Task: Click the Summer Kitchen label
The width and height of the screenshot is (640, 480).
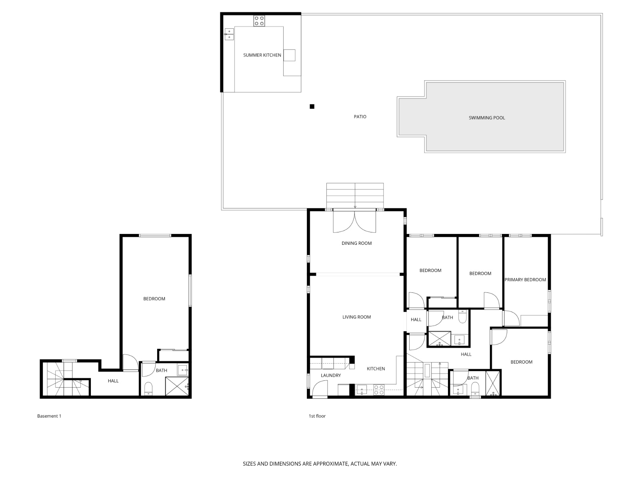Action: click(x=262, y=55)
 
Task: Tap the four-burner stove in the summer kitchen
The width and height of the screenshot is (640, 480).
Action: click(x=259, y=21)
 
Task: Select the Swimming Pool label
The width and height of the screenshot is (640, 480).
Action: click(x=486, y=118)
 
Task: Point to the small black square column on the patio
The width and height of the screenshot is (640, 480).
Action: click(x=312, y=106)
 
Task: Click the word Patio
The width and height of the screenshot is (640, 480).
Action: click(x=360, y=117)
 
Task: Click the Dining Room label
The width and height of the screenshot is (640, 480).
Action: click(x=356, y=243)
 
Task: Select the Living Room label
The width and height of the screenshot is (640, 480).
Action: click(x=356, y=317)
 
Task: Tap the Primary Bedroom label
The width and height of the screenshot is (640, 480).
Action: click(x=525, y=280)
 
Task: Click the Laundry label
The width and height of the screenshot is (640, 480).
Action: click(x=331, y=376)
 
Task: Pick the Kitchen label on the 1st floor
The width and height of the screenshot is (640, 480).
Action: click(x=376, y=369)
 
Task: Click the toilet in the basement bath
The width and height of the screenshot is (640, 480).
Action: click(x=148, y=388)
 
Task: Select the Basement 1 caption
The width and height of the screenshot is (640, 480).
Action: click(x=49, y=416)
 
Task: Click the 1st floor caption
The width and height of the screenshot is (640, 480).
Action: click(x=317, y=416)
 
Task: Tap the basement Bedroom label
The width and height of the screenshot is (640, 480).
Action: click(x=154, y=299)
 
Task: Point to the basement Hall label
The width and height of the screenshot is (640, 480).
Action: click(x=113, y=381)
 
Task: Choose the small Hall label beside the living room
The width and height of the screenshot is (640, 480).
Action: click(x=416, y=320)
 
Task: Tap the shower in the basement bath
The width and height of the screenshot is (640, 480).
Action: click(x=176, y=386)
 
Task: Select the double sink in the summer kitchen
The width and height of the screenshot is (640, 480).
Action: click(x=229, y=34)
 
